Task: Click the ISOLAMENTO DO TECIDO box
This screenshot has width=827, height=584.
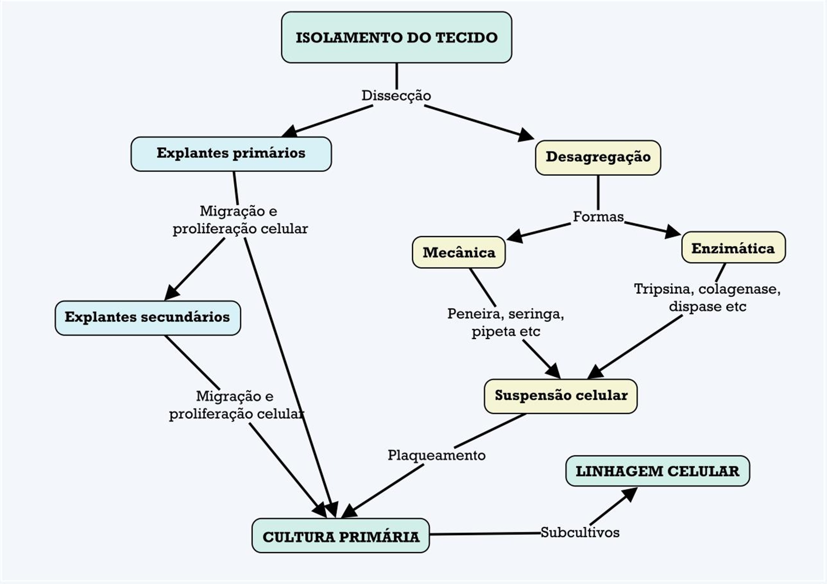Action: [396, 37]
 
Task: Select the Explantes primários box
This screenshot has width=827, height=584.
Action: [231, 153]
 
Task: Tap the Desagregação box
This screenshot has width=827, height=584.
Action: [598, 157]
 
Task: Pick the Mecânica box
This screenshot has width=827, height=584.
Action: [459, 252]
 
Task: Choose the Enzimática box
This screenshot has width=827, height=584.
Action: [733, 248]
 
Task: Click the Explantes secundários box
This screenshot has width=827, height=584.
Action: [148, 318]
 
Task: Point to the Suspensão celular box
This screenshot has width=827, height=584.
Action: [560, 396]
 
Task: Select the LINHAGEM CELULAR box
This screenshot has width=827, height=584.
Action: [657, 471]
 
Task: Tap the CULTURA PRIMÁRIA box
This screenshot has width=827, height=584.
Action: [341, 536]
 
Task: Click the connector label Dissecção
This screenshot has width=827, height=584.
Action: [396, 96]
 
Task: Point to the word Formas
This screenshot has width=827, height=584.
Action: [598, 217]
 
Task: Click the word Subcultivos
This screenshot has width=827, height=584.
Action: [580, 532]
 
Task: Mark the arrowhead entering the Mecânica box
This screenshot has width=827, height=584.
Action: [515, 237]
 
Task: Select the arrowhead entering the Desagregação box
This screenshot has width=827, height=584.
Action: [526, 135]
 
